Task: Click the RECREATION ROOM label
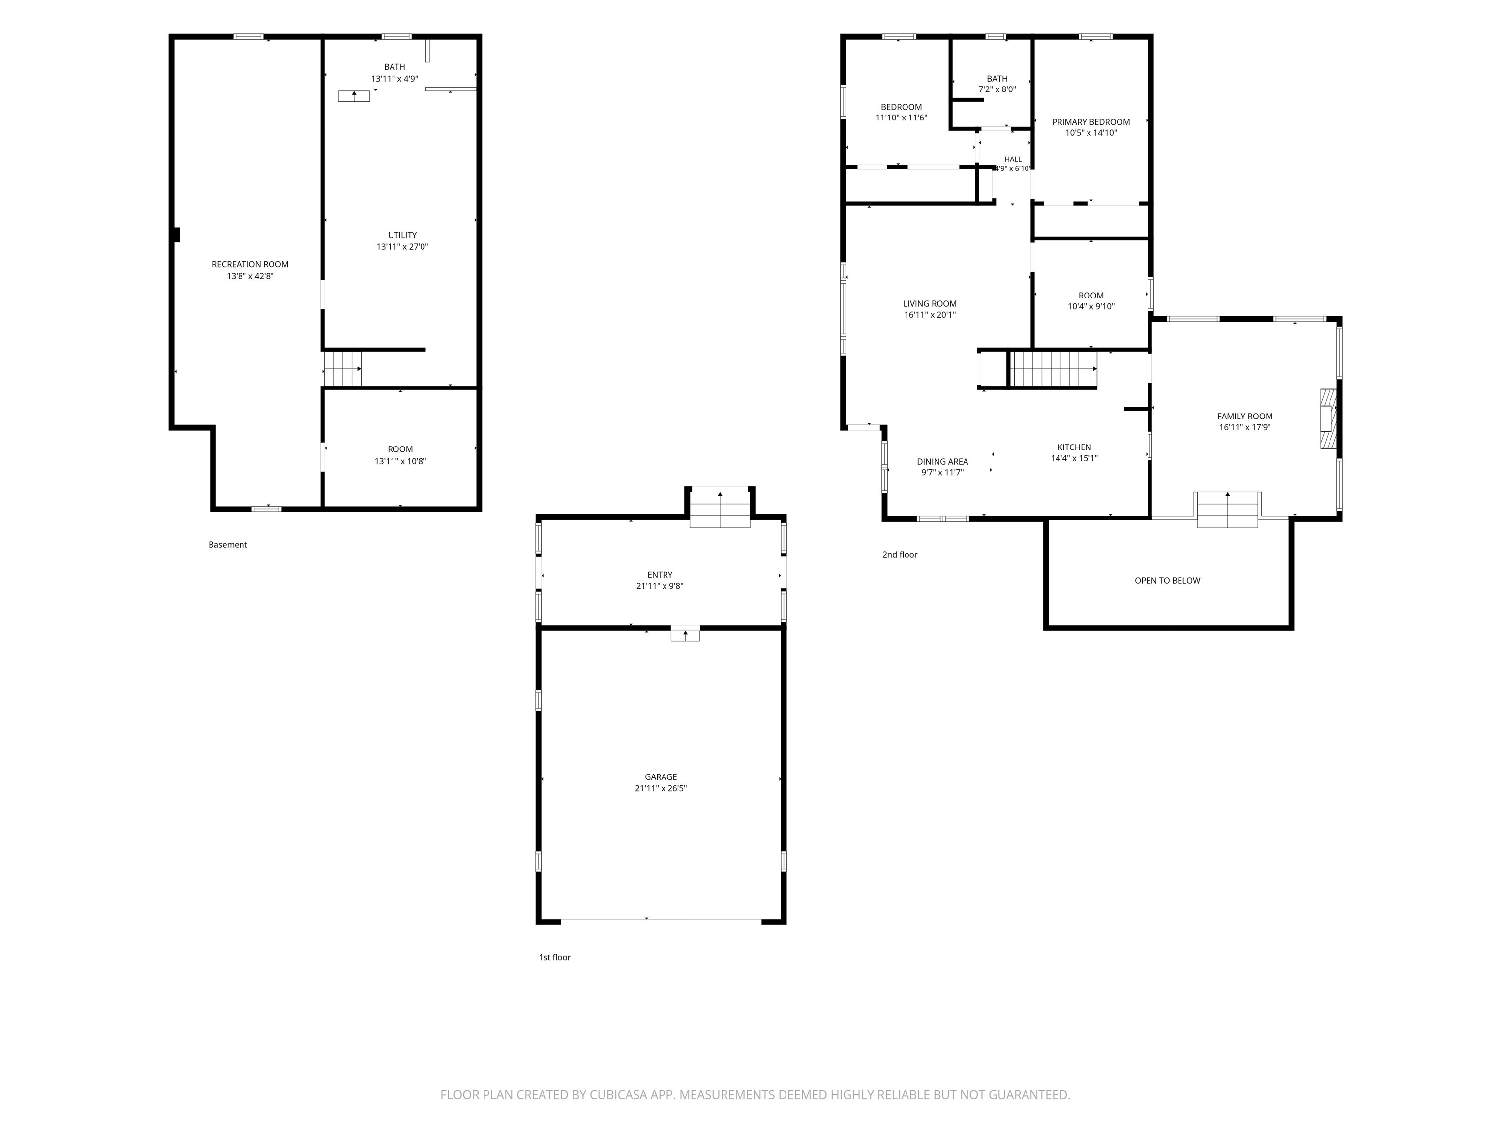click(x=250, y=264)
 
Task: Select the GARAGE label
click(x=661, y=777)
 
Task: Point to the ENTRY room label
click(x=660, y=575)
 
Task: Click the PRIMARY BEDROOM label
click(x=1091, y=122)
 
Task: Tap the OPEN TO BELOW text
click(x=1167, y=580)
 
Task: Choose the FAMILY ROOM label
click(x=1244, y=416)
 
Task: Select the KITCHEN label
click(x=1075, y=447)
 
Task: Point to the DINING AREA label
click(x=943, y=462)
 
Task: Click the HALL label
click(x=1013, y=159)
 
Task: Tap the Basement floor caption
click(x=227, y=545)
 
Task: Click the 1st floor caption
click(x=555, y=957)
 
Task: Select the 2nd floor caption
click(x=900, y=555)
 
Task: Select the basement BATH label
click(x=394, y=67)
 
